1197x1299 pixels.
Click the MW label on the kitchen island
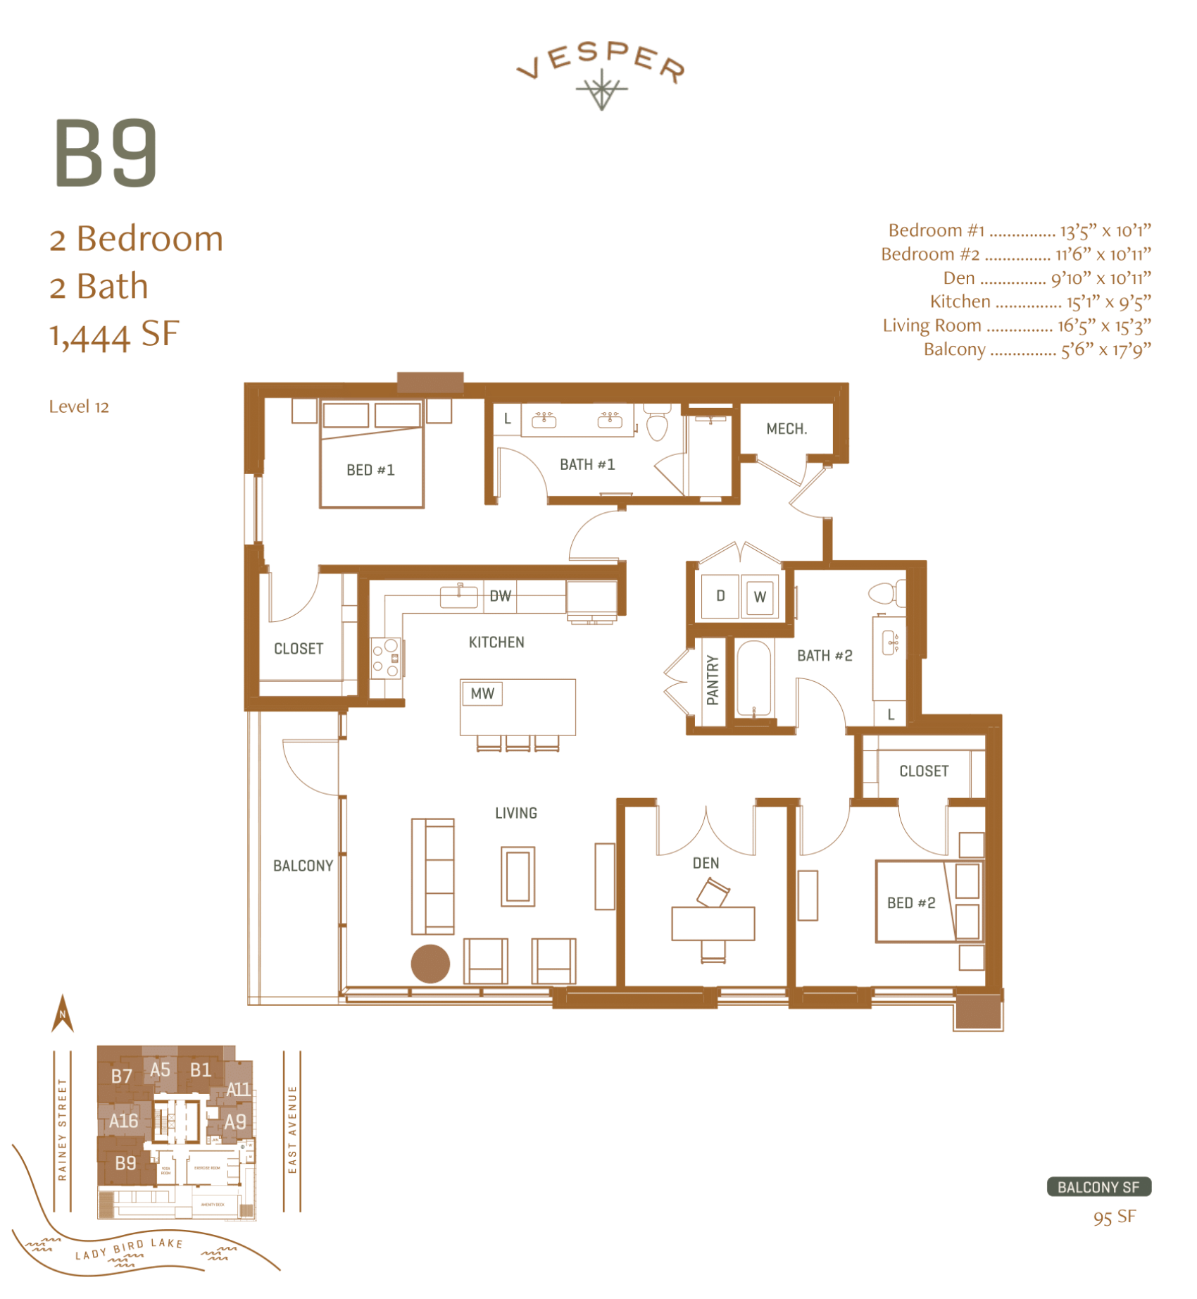[x=482, y=693]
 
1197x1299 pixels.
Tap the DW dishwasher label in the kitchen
[x=500, y=596]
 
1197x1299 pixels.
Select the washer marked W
[x=760, y=597]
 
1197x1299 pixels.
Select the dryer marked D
[x=720, y=596]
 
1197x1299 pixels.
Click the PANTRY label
[x=713, y=680]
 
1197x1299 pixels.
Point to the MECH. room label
[x=786, y=428]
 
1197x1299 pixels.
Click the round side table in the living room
[x=430, y=963]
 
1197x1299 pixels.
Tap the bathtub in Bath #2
[x=753, y=679]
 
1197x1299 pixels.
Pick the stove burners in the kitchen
[x=386, y=657]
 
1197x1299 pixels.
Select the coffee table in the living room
[x=518, y=876]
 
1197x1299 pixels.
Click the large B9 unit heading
[x=106, y=153]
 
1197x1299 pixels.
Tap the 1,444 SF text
[x=114, y=335]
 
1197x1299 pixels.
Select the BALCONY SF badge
[x=1098, y=1187]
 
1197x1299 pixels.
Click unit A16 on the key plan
[x=123, y=1121]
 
